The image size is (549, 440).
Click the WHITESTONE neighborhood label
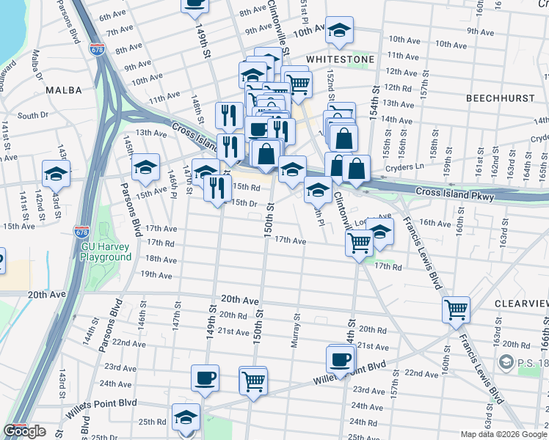coord(340,59)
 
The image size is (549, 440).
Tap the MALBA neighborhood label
coord(62,89)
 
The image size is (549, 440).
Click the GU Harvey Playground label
coord(106,252)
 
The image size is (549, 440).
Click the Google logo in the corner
coord(24,431)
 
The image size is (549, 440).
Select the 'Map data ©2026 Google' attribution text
coord(503,434)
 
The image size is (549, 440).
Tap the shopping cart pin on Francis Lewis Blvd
coord(456,309)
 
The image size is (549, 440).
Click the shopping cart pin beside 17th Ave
coord(359,242)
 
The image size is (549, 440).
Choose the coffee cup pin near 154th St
coord(341,359)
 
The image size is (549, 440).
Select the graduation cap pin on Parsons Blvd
coord(146,167)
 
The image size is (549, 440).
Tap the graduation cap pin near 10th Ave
coord(338,31)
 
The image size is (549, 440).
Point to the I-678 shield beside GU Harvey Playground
coord(82,232)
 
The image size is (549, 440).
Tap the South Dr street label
coord(32,115)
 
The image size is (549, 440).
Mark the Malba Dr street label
coord(37,66)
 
